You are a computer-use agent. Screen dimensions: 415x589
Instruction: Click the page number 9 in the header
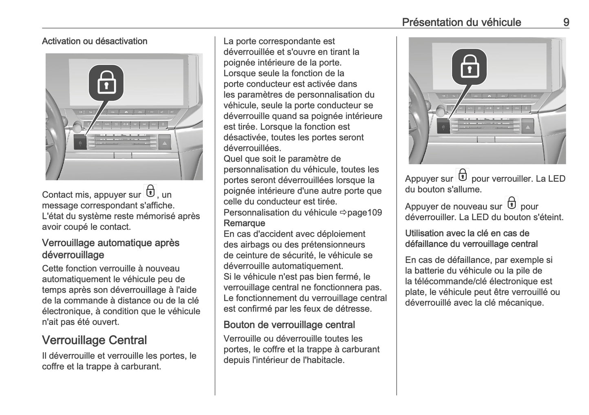566,22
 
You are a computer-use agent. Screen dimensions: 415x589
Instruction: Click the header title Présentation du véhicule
461,22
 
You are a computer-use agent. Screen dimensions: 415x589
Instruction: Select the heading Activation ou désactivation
95,41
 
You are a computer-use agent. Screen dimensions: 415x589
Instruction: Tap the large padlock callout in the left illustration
106,82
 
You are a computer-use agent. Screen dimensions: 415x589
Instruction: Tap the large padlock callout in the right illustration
469,66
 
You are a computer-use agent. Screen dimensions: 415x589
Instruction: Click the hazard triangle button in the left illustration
164,143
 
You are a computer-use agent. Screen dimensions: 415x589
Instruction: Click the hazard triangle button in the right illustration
528,128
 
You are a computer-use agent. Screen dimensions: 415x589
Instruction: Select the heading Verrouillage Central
94,340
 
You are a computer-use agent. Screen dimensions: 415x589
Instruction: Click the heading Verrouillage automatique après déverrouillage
110,249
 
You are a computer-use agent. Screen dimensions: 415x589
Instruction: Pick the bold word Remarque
244,223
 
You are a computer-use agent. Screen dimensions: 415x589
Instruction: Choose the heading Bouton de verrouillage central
289,325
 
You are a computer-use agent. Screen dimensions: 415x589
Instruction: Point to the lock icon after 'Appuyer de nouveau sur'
511,203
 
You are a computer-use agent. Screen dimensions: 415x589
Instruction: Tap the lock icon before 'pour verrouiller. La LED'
463,175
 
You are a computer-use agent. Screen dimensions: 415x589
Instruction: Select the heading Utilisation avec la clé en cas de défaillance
471,238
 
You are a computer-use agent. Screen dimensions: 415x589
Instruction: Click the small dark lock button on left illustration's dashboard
80,143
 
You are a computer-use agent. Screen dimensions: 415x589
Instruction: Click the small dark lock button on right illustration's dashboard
443,127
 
